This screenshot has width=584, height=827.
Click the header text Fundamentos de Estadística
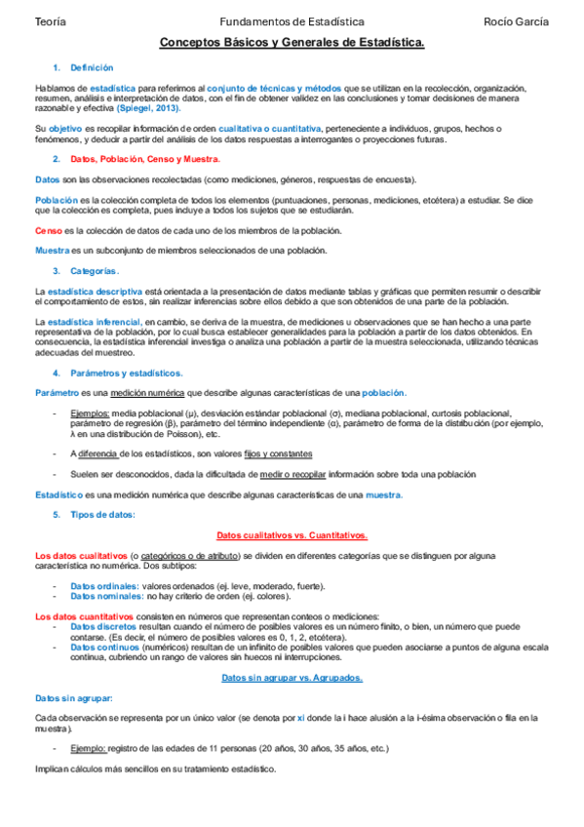292,21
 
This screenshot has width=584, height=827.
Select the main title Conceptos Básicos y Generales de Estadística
292,44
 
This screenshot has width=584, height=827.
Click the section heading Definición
93,67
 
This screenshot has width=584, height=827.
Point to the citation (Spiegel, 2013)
148,107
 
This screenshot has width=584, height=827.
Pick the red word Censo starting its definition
48,230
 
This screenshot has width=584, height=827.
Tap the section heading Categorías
95,270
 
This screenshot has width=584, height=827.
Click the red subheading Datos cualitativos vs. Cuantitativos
292,535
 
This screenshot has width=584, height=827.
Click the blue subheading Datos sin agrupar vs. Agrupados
292,677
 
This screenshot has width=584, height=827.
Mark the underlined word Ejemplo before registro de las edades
88,748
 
